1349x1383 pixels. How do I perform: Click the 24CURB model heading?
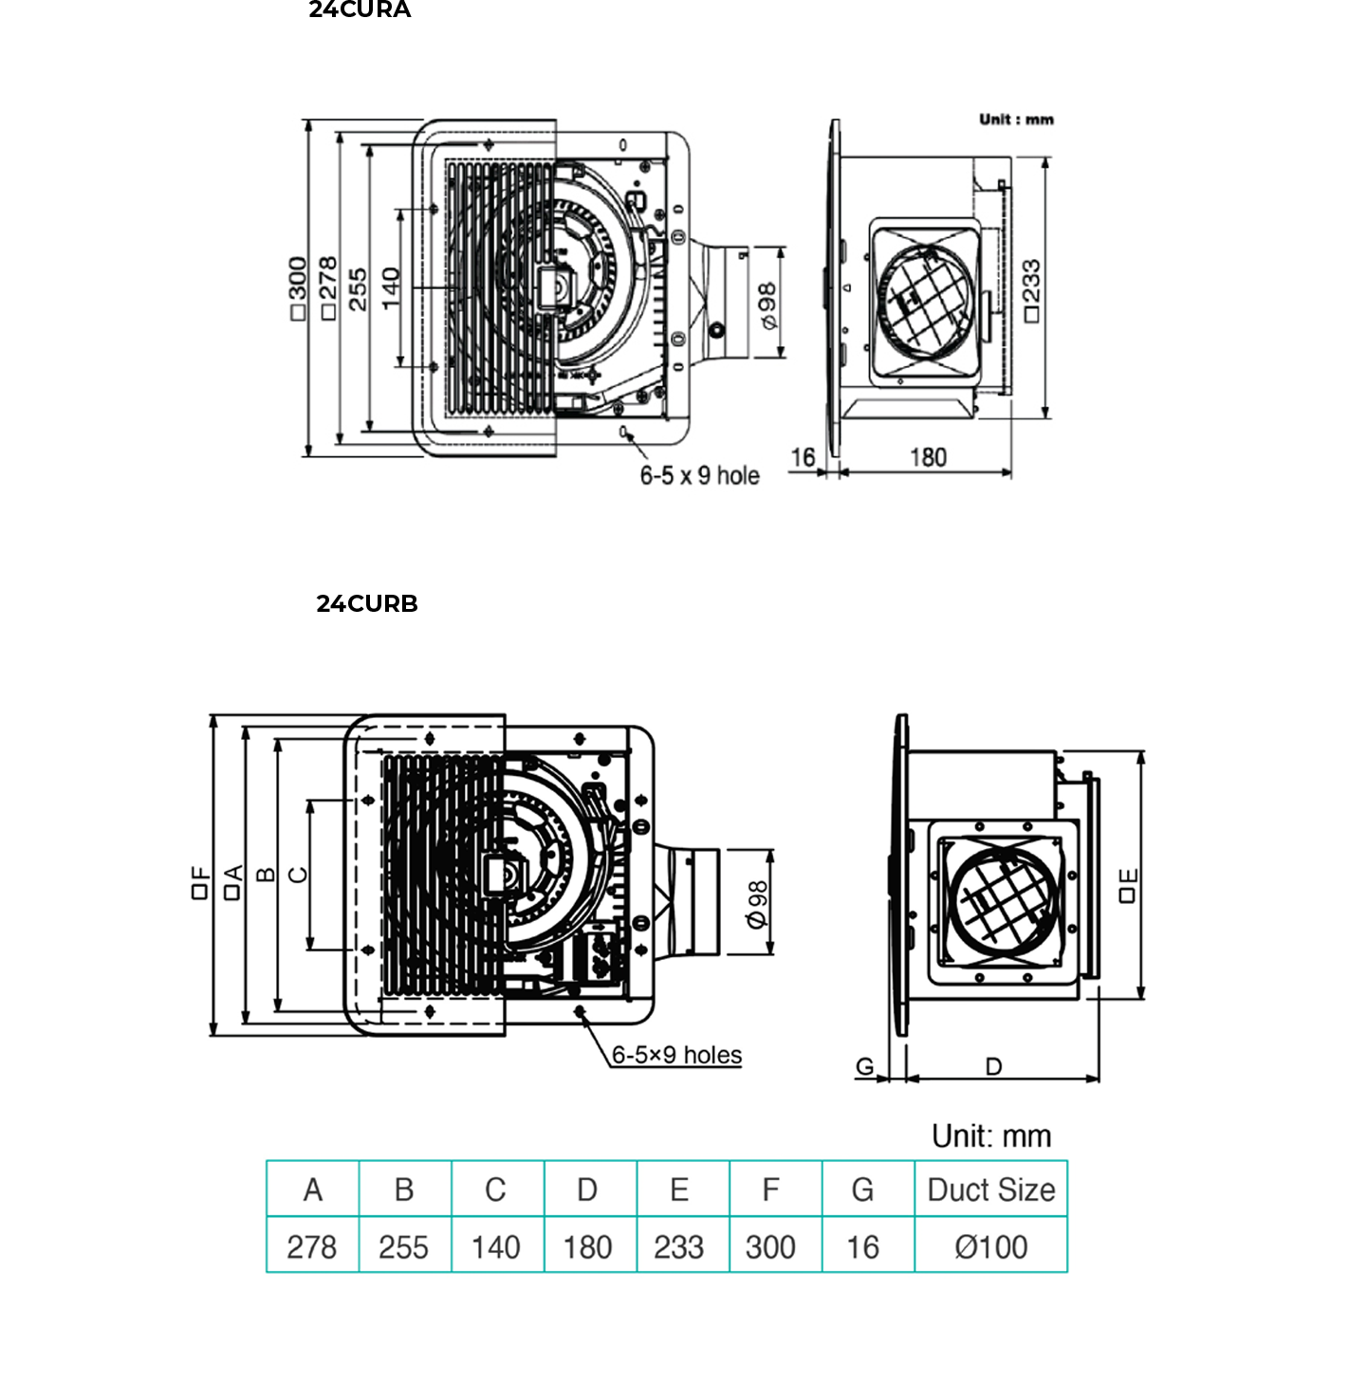[x=367, y=604]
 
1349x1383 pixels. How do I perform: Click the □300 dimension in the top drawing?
[x=298, y=288]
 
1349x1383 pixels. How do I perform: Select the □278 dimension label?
[x=328, y=288]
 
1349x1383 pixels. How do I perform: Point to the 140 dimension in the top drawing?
[x=391, y=288]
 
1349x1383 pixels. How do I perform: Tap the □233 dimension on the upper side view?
[x=1031, y=290]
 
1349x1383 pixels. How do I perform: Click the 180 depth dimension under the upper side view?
[x=928, y=458]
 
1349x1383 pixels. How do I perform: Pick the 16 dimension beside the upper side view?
[x=803, y=458]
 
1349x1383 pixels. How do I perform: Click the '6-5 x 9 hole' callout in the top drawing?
[x=699, y=475]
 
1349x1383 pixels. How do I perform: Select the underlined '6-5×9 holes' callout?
[x=676, y=1055]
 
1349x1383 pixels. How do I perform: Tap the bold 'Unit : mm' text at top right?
[x=1016, y=120]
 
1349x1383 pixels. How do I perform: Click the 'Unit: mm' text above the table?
[x=991, y=1135]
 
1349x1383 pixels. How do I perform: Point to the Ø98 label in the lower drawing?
[x=756, y=905]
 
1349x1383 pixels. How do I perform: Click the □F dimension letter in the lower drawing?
[x=199, y=882]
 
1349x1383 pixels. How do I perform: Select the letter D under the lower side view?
[x=993, y=1067]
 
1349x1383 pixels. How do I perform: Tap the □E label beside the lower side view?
[x=1127, y=885]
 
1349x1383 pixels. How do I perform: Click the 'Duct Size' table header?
[x=990, y=1189]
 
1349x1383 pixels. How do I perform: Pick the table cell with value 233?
[x=678, y=1246]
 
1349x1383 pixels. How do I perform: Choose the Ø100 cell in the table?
[x=990, y=1246]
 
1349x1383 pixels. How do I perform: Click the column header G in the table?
[x=862, y=1189]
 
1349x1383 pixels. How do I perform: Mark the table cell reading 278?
[x=311, y=1246]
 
